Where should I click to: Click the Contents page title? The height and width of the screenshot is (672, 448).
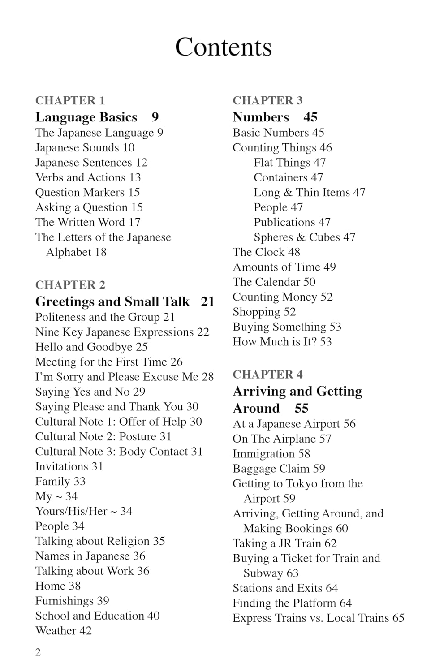pyautogui.click(x=223, y=47)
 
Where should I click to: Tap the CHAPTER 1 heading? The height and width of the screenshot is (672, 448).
pyautogui.click(x=70, y=100)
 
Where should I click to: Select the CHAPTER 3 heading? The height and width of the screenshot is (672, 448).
pyautogui.click(x=267, y=100)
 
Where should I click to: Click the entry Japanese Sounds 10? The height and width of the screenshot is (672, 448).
pyautogui.click(x=85, y=147)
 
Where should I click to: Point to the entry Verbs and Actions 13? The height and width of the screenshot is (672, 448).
pyautogui.click(x=88, y=177)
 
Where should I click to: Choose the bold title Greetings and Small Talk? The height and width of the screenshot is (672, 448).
pyautogui.click(x=112, y=302)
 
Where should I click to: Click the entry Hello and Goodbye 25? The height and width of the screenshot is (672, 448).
pyautogui.click(x=91, y=347)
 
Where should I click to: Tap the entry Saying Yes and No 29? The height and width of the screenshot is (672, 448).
pyautogui.click(x=90, y=392)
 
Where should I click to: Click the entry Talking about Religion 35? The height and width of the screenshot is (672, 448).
pyautogui.click(x=100, y=541)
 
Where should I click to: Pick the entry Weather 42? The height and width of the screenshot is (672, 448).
pyautogui.click(x=63, y=630)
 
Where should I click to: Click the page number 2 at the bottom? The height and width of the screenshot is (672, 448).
pyautogui.click(x=38, y=652)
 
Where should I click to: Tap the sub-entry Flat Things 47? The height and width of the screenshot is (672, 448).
pyautogui.click(x=289, y=163)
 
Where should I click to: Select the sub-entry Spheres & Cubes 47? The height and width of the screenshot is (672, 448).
pyautogui.click(x=304, y=237)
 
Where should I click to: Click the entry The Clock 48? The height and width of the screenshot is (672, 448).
pyautogui.click(x=266, y=252)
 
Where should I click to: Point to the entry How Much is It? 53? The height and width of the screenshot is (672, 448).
pyautogui.click(x=282, y=341)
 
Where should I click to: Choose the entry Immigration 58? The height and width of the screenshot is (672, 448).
pyautogui.click(x=271, y=453)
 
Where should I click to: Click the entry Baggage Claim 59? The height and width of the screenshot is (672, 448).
pyautogui.click(x=279, y=469)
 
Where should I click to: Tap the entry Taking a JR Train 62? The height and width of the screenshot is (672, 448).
pyautogui.click(x=284, y=543)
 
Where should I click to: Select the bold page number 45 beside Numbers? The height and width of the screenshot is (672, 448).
pyautogui.click(x=310, y=117)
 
